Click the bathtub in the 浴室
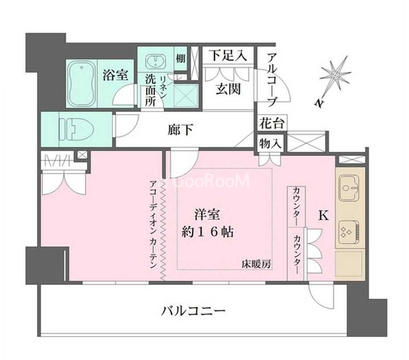pyautogui.click(x=82, y=84)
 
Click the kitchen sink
pyautogui.click(x=349, y=187)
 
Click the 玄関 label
pyautogui.click(x=228, y=89)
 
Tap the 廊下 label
pyautogui.click(x=181, y=129)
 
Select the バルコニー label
pyautogui.click(x=193, y=311)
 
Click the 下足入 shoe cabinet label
pyautogui.click(x=228, y=55)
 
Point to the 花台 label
pyautogui.click(x=271, y=122)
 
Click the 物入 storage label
pyautogui.click(x=270, y=143)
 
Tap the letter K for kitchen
pyautogui.click(x=323, y=215)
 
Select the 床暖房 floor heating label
pyautogui.click(x=256, y=264)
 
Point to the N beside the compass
pyautogui.click(x=319, y=103)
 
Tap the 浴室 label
pyautogui.click(x=115, y=75)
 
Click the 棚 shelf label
pyautogui.click(x=180, y=58)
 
